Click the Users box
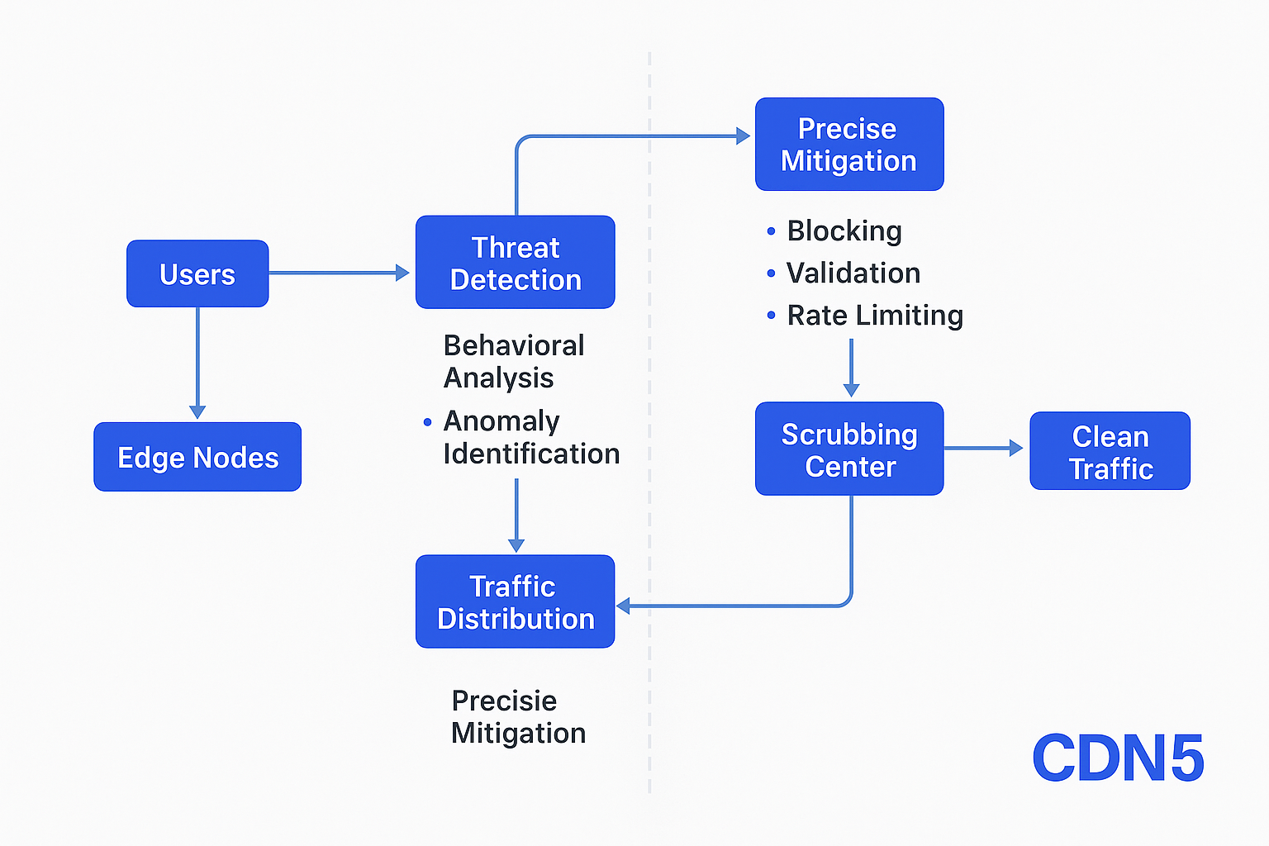click(197, 273)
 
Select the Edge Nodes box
click(197, 457)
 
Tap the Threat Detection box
click(516, 263)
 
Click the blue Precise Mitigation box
click(850, 145)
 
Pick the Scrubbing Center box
click(850, 449)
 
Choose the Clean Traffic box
click(1110, 451)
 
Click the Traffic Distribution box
click(516, 601)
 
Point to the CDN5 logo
click(1119, 758)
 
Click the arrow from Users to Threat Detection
click(339, 273)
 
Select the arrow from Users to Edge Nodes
click(197, 364)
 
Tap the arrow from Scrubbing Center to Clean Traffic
click(983, 449)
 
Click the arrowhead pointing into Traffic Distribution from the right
click(623, 606)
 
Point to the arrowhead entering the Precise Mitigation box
click(744, 136)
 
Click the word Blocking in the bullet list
click(844, 231)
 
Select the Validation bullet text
click(853, 273)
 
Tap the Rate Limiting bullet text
click(875, 315)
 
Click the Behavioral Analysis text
click(514, 362)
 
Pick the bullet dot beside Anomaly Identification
click(428, 421)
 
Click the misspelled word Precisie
click(504, 701)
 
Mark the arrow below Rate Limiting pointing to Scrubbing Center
click(852, 368)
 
